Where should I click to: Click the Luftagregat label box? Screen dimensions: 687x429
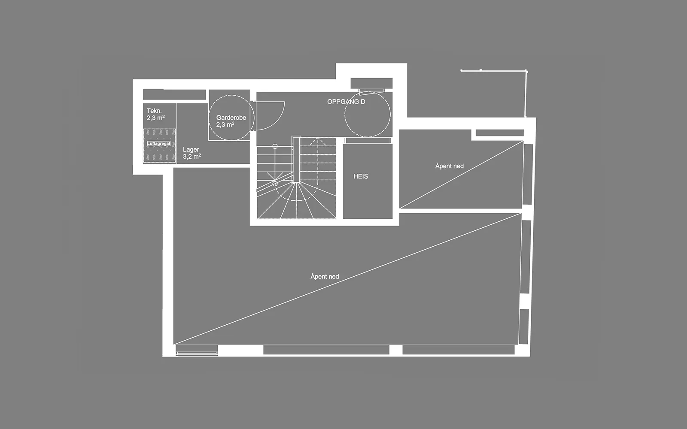[158, 143]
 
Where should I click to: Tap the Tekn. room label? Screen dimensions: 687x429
[154, 111]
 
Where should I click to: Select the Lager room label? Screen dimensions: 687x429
[191, 150]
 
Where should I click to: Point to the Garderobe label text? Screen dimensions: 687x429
[231, 118]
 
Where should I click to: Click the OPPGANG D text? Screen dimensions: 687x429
[346, 102]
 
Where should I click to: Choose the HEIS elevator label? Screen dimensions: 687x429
[361, 176]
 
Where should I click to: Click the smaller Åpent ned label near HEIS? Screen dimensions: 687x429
[449, 166]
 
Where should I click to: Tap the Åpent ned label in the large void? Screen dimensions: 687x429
[325, 276]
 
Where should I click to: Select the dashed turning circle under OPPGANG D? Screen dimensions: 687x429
[368, 114]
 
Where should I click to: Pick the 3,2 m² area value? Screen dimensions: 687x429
[192, 157]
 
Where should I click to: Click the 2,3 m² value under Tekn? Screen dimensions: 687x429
[155, 118]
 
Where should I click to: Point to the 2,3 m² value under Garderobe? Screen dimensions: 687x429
[225, 125]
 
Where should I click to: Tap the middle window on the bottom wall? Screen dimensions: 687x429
[326, 350]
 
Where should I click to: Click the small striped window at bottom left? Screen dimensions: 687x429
[197, 350]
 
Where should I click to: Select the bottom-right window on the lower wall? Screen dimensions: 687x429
[459, 350]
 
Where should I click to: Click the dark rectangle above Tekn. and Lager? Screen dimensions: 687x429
[174, 94]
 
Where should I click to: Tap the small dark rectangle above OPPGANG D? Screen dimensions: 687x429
[371, 83]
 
